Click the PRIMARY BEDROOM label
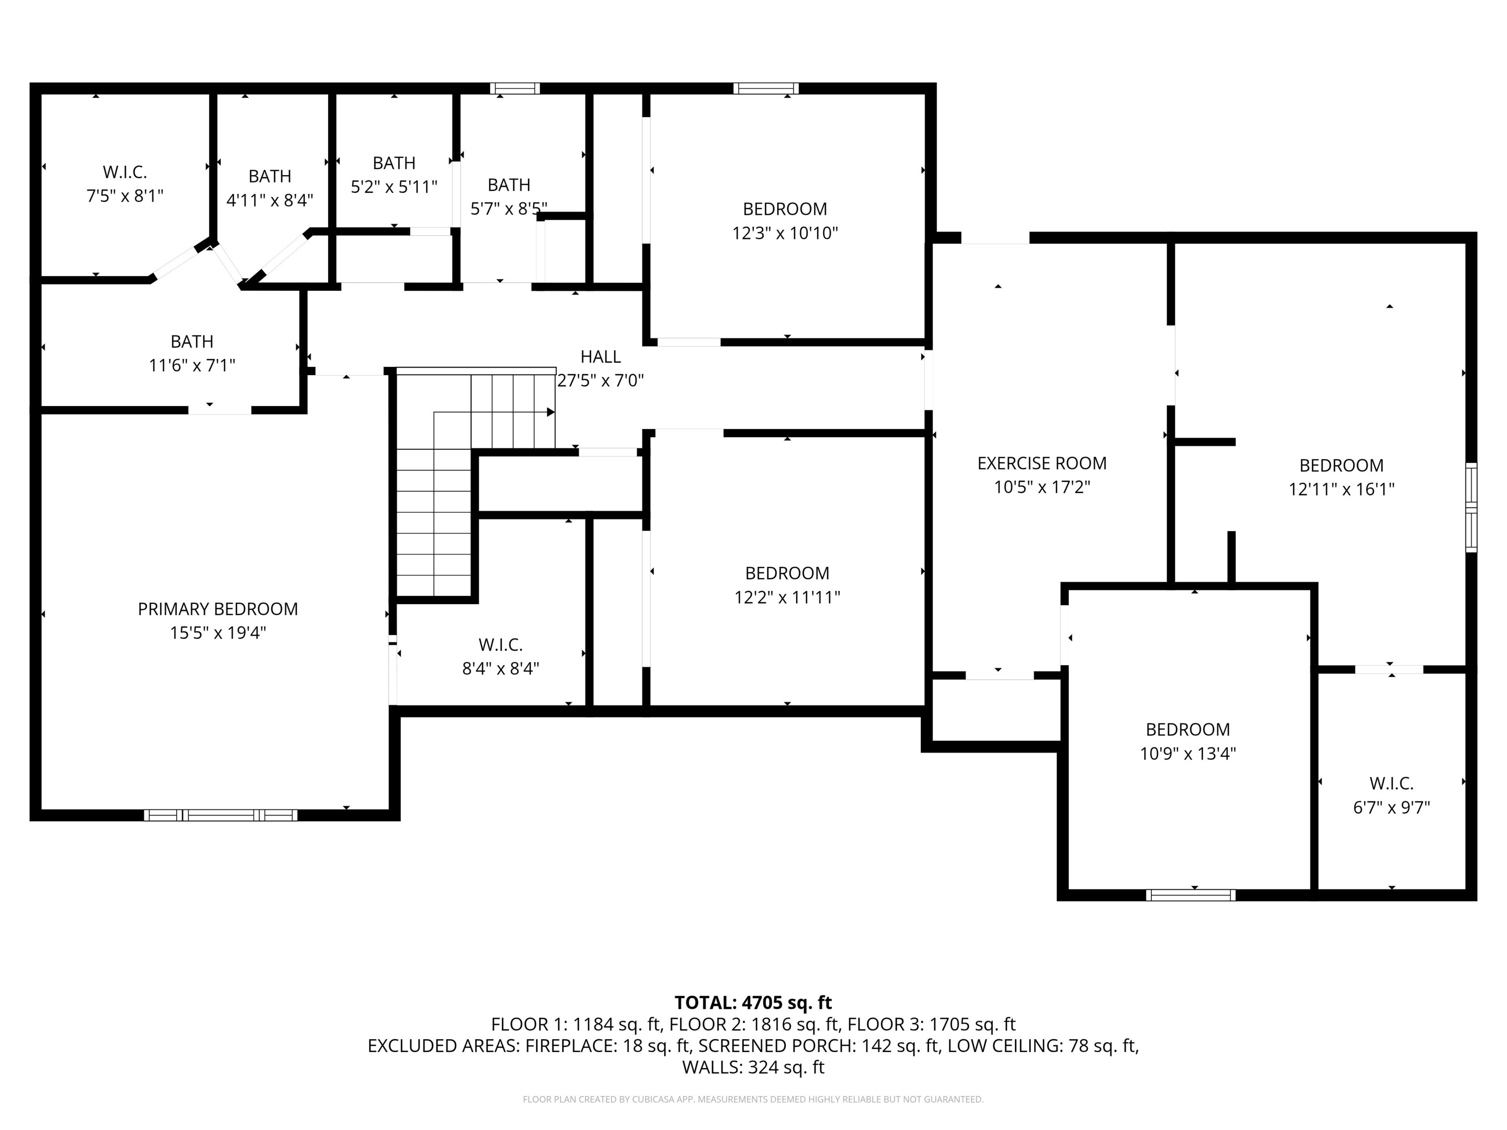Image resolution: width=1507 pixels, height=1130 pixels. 217,609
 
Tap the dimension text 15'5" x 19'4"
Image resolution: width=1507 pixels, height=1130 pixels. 217,633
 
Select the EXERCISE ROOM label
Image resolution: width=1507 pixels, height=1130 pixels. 1041,463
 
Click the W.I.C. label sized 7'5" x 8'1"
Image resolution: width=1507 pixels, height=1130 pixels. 125,172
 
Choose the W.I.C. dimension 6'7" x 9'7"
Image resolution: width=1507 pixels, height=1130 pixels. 1391,807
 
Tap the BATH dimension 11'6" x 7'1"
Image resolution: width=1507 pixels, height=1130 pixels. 192,365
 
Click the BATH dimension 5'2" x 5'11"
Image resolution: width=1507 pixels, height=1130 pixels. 394,187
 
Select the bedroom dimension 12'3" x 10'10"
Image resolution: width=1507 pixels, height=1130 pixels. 785,233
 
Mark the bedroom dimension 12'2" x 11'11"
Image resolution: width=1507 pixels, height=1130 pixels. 787,597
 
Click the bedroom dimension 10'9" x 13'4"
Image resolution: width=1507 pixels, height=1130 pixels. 1188,753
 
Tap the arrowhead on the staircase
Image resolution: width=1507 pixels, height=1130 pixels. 550,412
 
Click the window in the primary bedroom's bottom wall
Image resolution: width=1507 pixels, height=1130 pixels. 220,815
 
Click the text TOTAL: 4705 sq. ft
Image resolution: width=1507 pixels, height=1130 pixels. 753,1002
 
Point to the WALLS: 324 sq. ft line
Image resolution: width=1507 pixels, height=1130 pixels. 753,1067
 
